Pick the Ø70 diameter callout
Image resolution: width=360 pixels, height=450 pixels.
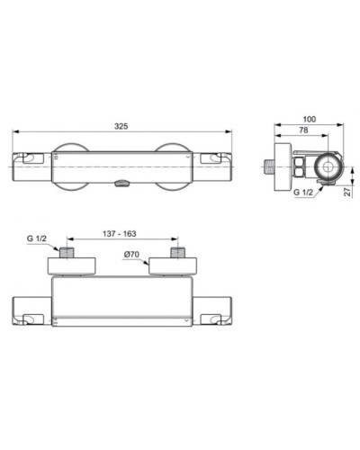133,254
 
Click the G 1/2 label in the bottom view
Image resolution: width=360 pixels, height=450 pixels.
37,238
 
